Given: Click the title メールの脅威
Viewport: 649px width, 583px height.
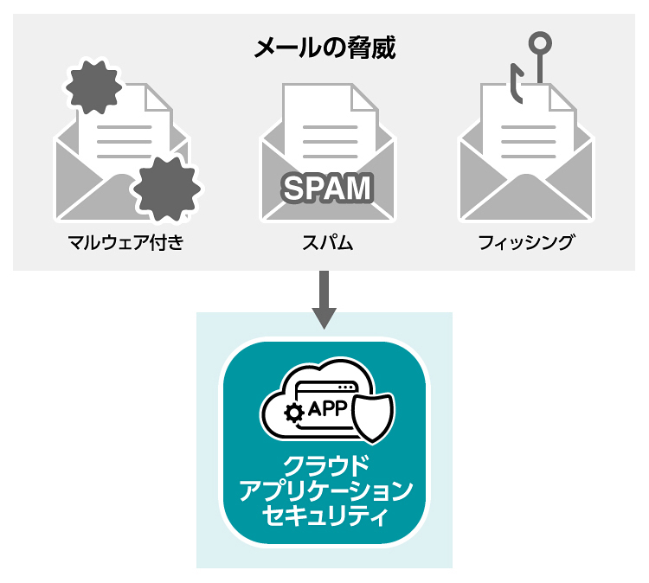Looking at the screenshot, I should [324, 48].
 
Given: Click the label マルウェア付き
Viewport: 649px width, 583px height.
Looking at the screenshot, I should [126, 242].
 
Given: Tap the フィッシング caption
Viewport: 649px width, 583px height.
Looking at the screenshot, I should [526, 242].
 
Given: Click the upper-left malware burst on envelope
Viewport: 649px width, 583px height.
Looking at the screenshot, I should [93, 88].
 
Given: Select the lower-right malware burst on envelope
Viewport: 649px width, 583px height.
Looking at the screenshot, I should [168, 188].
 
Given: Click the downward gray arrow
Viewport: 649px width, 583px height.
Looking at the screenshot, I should [324, 298].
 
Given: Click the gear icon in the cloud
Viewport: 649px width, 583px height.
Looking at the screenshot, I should [294, 413].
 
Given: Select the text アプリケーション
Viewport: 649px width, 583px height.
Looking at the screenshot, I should [324, 492].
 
